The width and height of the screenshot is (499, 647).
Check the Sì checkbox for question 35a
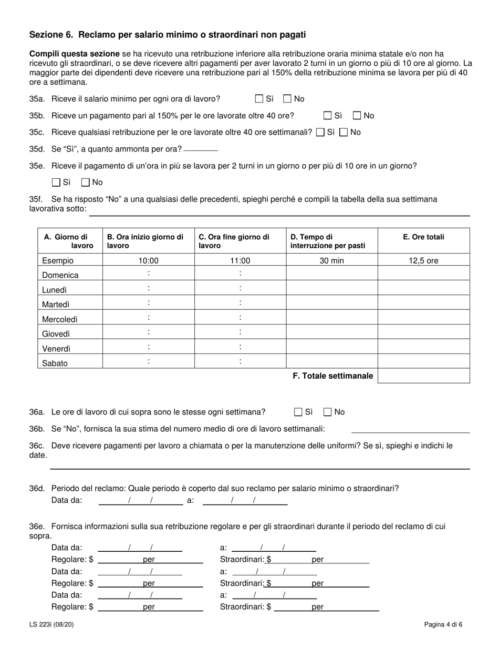[259, 99]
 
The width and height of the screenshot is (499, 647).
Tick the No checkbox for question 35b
[357, 116]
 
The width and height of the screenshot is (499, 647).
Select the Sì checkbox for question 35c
[320, 133]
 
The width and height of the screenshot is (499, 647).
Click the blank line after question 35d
[201, 149]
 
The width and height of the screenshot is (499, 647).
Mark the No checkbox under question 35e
[86, 183]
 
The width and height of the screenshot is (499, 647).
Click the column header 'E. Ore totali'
[423, 237]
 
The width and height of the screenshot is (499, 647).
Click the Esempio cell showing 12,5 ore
[423, 260]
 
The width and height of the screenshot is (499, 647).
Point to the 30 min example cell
[331, 260]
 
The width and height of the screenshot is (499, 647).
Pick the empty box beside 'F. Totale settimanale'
[423, 376]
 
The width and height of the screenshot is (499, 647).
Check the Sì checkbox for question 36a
[298, 412]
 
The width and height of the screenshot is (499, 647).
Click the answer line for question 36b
[410, 429]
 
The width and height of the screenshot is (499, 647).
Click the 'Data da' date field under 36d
[141, 501]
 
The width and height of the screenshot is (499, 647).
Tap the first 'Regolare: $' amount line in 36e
[150, 560]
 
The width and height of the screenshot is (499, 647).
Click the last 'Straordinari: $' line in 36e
[326, 607]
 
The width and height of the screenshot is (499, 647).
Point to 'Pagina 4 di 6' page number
[443, 625]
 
